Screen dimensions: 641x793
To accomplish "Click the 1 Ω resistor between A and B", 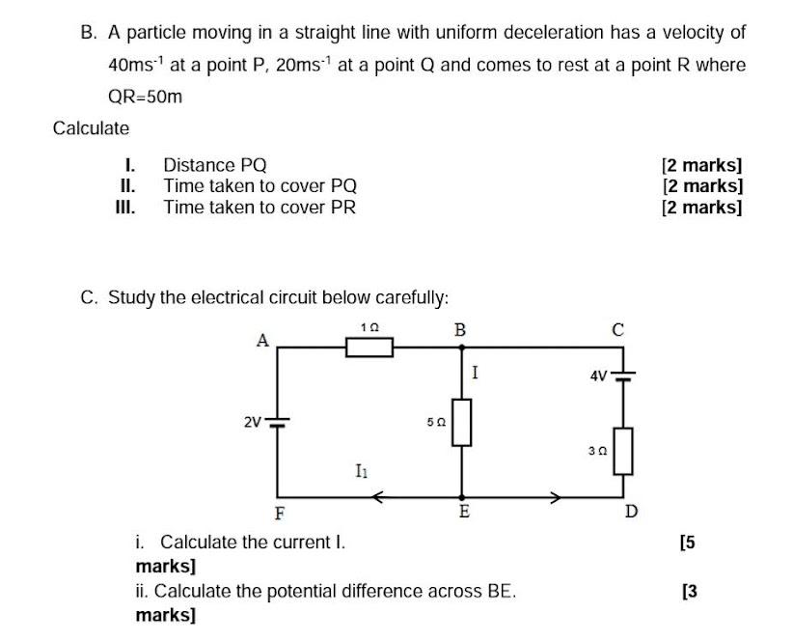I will (369, 347).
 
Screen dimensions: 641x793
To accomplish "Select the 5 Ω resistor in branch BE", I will (462, 423).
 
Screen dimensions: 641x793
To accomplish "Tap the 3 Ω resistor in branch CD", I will (623, 451).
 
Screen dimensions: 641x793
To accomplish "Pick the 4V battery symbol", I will (623, 375).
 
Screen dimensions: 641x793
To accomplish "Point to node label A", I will (260, 339).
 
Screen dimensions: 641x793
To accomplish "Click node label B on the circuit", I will (460, 330).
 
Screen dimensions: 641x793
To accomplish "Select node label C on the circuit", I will (618, 330).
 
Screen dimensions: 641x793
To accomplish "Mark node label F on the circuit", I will (280, 512).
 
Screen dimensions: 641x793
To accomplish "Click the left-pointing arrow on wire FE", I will (379, 498).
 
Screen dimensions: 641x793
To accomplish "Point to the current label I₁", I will (361, 471).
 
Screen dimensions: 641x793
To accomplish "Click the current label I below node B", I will (476, 370).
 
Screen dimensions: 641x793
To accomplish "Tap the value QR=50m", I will (145, 97).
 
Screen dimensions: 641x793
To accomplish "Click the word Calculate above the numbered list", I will (91, 128).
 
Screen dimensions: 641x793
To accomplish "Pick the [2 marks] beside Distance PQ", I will (701, 165).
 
